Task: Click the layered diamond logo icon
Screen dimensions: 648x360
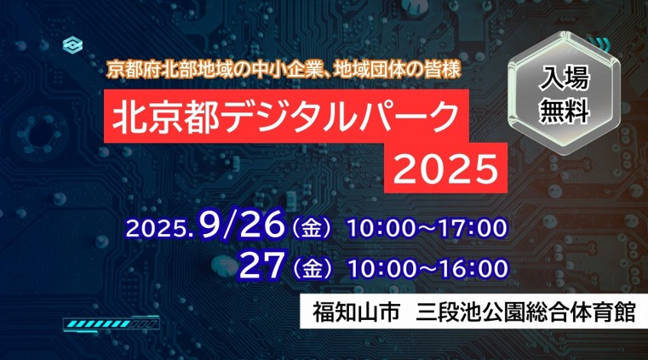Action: tap(72, 45)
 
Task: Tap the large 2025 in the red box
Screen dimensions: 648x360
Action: tap(446, 169)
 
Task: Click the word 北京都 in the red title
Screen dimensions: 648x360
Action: tap(164, 117)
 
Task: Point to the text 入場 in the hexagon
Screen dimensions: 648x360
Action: tap(564, 78)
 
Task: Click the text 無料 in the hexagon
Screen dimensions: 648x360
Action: tap(564, 111)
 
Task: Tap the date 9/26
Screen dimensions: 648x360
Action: tap(242, 225)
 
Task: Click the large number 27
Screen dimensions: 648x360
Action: tap(262, 265)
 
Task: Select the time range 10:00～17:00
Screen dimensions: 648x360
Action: tap(427, 228)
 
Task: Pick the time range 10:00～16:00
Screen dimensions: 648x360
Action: tap(428, 268)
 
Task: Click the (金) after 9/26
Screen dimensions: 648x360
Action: tap(312, 228)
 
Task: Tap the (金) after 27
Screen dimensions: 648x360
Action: tap(312, 269)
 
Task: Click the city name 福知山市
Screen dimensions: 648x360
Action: tap(356, 311)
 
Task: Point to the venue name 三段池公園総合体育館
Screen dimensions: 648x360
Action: tap(525, 311)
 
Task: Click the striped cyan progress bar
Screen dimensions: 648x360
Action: tap(111, 323)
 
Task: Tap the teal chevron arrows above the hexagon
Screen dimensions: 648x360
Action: tap(599, 42)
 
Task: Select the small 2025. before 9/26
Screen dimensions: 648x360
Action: tap(160, 228)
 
